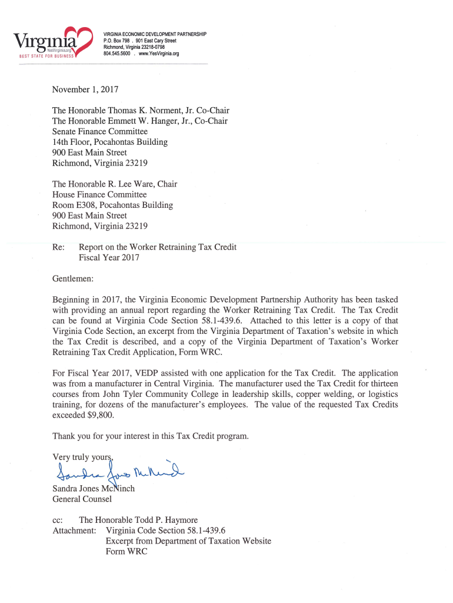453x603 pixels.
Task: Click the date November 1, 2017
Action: click(85, 90)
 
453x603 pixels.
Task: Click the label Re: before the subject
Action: click(58, 247)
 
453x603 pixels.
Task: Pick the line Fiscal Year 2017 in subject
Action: click(109, 258)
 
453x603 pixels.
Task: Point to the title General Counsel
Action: click(82, 499)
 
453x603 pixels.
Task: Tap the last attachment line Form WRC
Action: click(126, 552)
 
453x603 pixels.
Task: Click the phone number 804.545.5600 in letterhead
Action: click(116, 54)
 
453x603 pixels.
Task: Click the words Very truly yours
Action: click(82, 457)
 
